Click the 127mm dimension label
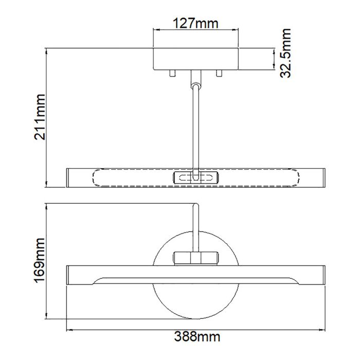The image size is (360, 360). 196,23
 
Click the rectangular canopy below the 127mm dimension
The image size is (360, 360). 196,59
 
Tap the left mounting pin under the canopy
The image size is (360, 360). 172,74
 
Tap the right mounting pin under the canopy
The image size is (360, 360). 220,74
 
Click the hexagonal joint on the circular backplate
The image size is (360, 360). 196,257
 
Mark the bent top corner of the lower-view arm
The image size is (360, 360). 195,207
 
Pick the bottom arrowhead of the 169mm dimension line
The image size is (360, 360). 47,317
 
